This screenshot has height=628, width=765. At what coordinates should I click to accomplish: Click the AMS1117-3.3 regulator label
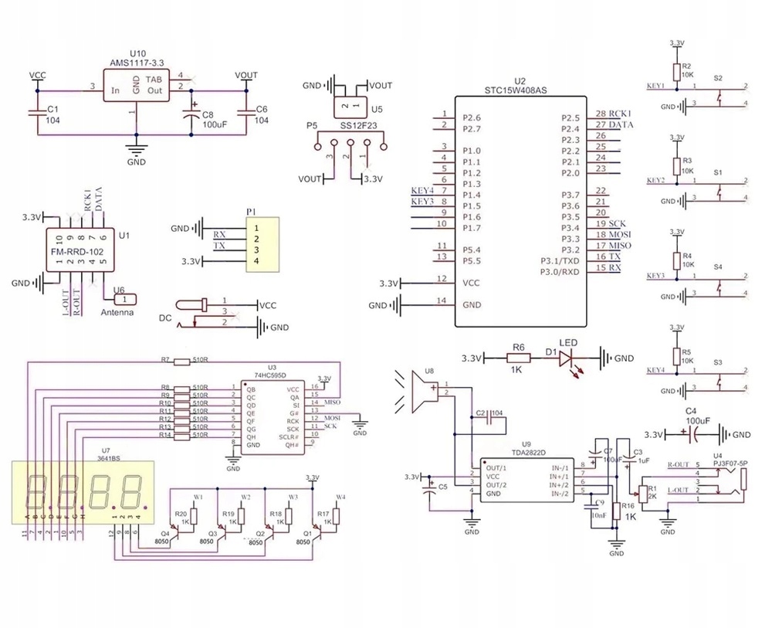tap(137, 61)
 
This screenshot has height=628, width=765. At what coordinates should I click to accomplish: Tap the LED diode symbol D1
tap(567, 358)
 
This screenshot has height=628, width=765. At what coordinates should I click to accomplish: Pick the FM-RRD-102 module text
tap(79, 251)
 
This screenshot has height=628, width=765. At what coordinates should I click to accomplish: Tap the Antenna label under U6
tap(117, 313)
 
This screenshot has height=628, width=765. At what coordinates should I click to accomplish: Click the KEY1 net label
tap(655, 85)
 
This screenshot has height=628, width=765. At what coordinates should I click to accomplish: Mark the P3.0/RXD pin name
tap(560, 272)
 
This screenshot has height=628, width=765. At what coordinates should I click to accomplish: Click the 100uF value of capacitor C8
tap(214, 123)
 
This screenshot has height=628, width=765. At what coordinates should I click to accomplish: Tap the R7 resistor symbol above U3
tap(181, 361)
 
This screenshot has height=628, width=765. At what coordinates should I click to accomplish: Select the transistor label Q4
tap(165, 533)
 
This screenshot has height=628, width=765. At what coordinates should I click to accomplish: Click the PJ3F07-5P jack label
tap(729, 463)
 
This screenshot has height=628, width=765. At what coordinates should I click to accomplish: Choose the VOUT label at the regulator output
tap(246, 75)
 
